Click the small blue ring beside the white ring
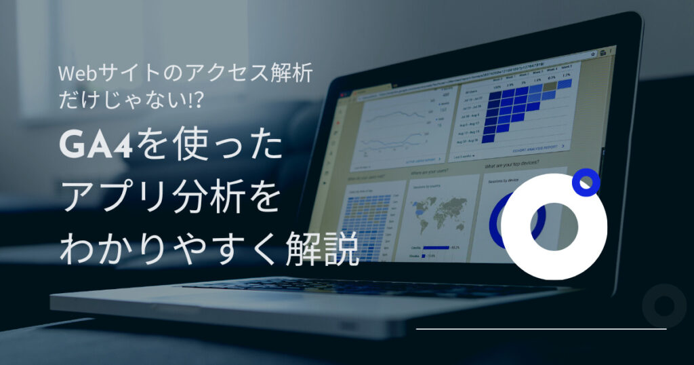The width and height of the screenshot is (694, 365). [586, 183]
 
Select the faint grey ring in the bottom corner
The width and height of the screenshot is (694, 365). [664, 305]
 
